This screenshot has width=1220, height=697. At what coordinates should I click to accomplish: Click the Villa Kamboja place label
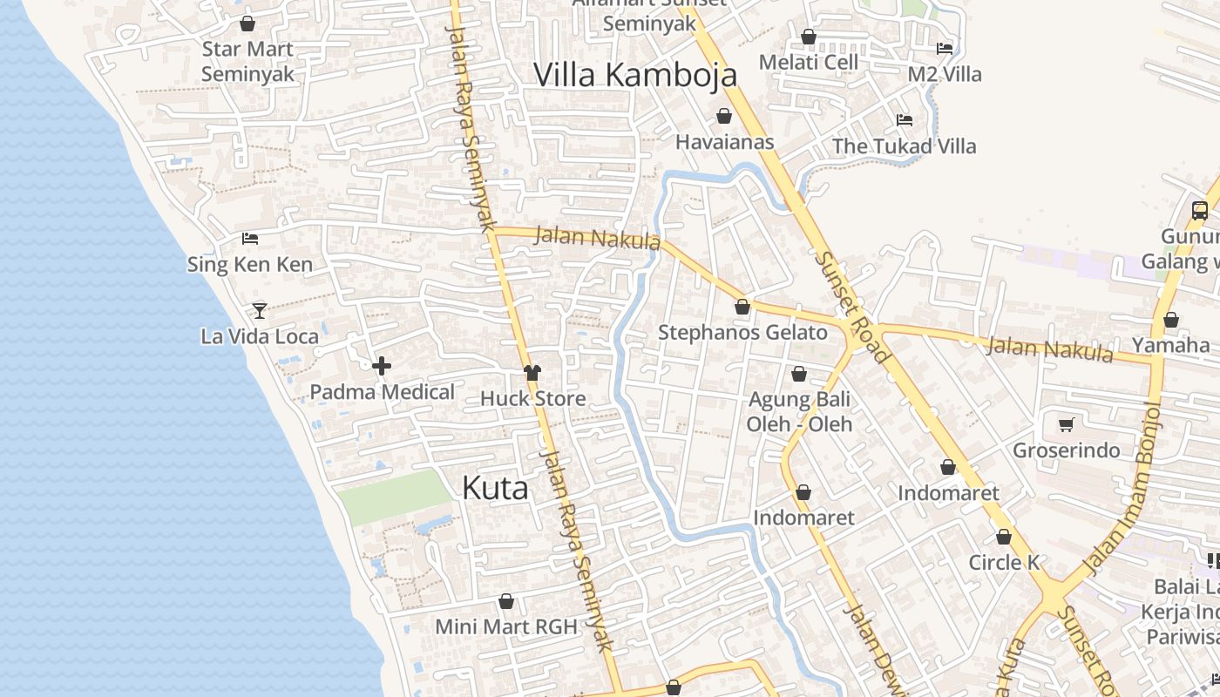(x=635, y=75)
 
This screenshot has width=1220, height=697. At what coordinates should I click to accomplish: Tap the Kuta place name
(x=495, y=488)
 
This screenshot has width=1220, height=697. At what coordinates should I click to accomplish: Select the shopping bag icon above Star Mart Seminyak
(x=247, y=24)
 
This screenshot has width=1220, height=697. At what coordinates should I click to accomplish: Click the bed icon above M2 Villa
(x=945, y=49)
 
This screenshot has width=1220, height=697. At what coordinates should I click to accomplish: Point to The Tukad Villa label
(x=904, y=146)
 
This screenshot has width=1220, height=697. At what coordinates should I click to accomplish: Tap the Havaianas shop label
(x=724, y=141)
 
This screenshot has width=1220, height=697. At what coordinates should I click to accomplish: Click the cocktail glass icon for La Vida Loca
(x=260, y=310)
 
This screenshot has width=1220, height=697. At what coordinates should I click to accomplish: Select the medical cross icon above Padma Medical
(x=382, y=367)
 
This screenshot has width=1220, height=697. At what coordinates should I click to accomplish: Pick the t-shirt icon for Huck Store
(x=532, y=373)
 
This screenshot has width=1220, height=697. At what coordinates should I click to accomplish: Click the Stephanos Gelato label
(x=742, y=332)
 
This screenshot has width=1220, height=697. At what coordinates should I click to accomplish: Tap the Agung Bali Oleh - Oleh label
(x=799, y=412)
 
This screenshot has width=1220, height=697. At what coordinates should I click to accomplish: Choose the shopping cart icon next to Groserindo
(x=1066, y=425)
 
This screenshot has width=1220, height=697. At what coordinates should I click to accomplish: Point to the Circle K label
(x=1004, y=563)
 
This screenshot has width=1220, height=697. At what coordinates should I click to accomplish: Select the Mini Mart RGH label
(x=505, y=626)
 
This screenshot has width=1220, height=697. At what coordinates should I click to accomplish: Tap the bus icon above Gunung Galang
(x=1200, y=211)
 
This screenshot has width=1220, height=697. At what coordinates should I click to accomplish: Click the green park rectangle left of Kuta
(x=395, y=497)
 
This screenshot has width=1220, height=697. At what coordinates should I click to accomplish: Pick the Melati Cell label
(x=808, y=63)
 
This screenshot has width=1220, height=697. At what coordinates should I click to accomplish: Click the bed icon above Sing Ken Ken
(x=250, y=238)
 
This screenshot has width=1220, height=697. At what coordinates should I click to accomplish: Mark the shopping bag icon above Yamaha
(x=1171, y=321)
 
